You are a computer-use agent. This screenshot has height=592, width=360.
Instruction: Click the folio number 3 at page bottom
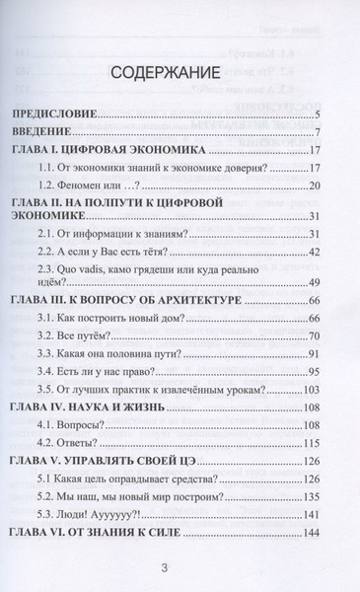pyautogui.click(x=180, y=570)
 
